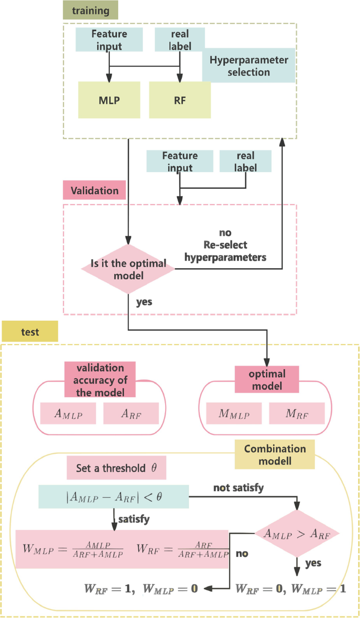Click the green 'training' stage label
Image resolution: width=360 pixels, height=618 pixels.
click(x=90, y=10)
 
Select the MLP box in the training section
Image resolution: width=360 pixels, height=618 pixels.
click(x=109, y=100)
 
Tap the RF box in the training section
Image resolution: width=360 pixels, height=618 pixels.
click(x=180, y=100)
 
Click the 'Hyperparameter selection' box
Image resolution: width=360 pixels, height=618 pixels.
click(x=249, y=66)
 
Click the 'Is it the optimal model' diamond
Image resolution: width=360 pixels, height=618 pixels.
click(x=128, y=269)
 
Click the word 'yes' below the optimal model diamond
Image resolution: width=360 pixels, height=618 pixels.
click(x=145, y=302)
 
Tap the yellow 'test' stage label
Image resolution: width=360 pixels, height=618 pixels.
click(x=30, y=332)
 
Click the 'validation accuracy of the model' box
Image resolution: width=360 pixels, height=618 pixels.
click(x=100, y=380)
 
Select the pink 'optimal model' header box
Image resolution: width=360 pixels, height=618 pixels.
click(x=266, y=380)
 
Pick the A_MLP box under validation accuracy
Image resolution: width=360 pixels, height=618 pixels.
click(x=68, y=414)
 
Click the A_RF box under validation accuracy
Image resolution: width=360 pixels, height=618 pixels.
click(x=131, y=414)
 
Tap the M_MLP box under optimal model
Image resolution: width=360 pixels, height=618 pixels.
click(x=234, y=414)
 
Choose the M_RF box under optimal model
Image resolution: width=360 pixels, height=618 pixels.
click(x=296, y=414)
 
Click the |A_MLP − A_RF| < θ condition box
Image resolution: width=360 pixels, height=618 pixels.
click(x=114, y=497)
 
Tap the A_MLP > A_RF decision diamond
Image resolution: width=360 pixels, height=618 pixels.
click(x=297, y=534)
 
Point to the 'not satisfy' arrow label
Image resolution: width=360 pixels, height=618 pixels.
click(x=238, y=488)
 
